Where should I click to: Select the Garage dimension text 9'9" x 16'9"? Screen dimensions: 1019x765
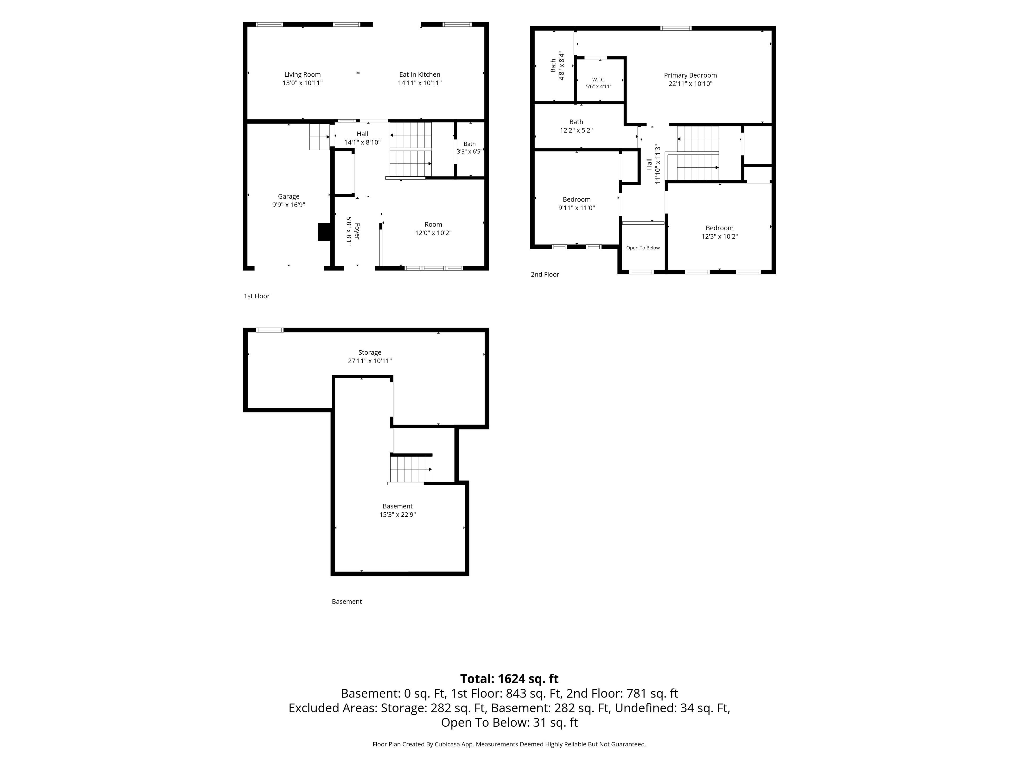pos(288,205)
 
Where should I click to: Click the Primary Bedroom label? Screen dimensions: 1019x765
pos(690,75)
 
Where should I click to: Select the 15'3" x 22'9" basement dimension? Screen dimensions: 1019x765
pos(398,515)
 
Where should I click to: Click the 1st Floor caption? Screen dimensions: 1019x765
pos(257,296)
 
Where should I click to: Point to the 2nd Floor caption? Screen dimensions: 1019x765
pos(545,274)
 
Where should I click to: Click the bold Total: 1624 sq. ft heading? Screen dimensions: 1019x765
pos(509,679)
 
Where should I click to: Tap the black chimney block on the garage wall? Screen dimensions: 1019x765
pos(325,232)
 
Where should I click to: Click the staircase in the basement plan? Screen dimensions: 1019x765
pos(411,469)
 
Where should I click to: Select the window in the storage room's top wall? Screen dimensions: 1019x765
pos(270,330)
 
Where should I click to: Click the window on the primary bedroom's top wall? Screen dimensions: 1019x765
pos(676,28)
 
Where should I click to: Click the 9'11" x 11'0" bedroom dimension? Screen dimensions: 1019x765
pos(577,208)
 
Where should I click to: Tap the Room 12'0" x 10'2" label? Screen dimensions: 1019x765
pos(433,229)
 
